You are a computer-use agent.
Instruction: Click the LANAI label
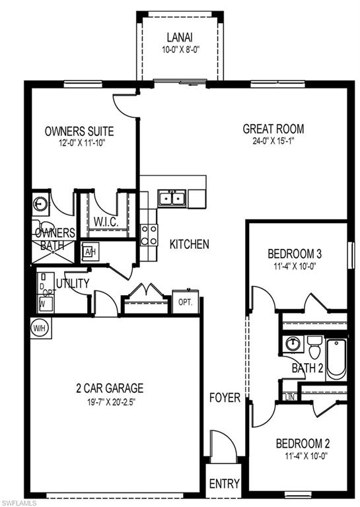point(180,38)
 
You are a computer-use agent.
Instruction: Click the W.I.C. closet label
point(106,221)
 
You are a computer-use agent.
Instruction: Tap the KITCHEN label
point(190,244)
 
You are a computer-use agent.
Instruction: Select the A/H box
point(90,251)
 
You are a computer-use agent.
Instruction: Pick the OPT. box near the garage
point(185,302)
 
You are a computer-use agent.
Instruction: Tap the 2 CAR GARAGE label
point(109,388)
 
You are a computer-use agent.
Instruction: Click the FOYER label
point(225,398)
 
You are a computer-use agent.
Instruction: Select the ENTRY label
point(224,484)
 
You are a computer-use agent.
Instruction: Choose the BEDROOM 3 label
point(295,253)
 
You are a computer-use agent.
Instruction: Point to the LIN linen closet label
point(289,397)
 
